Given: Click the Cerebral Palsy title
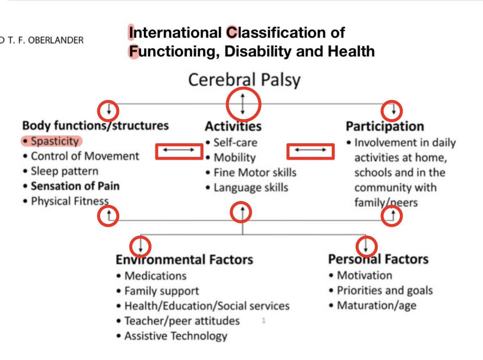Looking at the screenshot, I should pos(244,80).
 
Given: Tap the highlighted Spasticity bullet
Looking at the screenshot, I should pos(52,141).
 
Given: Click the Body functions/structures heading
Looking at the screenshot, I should pos(95,125).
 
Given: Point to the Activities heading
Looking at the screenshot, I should pos(233,126).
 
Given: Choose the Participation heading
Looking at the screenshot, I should pos(385,126).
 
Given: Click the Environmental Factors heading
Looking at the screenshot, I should pos(184,259).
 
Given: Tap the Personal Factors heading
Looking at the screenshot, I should pos(378,259).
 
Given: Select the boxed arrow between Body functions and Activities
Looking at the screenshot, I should pos(179,151).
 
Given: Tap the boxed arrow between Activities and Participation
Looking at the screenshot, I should pos(310,151).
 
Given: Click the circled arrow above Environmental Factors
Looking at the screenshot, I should pos(140,245).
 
